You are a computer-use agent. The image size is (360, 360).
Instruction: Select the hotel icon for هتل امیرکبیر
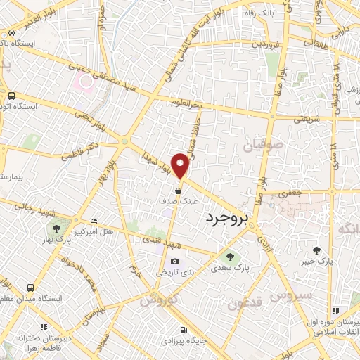click(94, 221)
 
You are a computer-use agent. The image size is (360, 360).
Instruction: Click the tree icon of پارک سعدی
click(227, 256)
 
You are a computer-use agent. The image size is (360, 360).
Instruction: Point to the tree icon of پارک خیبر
click(317, 250)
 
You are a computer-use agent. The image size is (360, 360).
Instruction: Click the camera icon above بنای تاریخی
click(174, 262)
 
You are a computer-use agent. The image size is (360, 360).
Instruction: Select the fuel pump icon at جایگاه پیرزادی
click(184, 330)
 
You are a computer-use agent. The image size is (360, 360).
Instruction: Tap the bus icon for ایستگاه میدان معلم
click(30, 288)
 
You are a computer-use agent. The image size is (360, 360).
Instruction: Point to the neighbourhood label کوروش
click(155, 300)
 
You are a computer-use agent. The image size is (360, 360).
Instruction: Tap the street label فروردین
click(252, 43)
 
